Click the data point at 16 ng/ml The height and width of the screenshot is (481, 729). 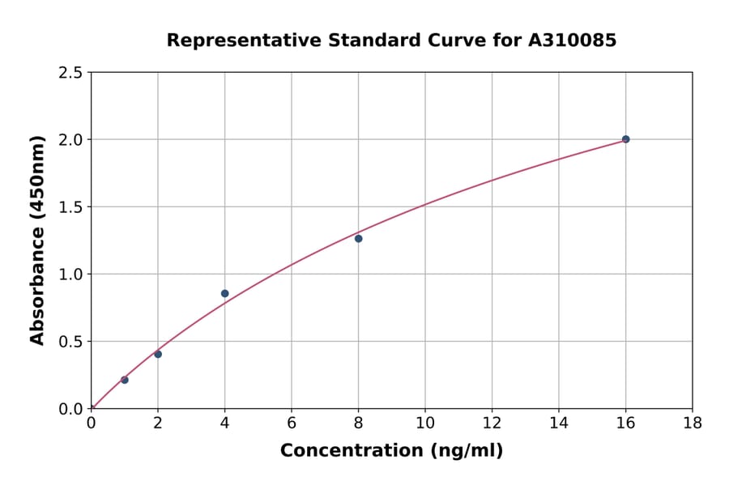tap(625, 139)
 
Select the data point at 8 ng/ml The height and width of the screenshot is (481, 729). tap(358, 238)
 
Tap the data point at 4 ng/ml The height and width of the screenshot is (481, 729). tap(224, 293)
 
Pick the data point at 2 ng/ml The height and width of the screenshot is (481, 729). tap(158, 354)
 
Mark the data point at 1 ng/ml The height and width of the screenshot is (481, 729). tap(125, 380)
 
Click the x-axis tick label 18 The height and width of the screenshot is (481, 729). tap(692, 423)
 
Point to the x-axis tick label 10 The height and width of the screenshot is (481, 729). tap(425, 423)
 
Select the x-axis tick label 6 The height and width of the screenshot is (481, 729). tap(292, 423)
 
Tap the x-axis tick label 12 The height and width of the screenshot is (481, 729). tap(492, 423)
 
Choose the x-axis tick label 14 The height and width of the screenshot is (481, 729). tap(558, 423)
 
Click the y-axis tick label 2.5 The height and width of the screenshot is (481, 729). tap(70, 73)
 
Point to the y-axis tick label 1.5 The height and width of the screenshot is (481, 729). tap(70, 206)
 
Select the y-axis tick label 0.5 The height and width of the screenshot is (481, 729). tap(70, 341)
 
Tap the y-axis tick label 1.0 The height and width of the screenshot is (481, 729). tap(70, 274)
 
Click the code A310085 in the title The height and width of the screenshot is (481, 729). tap(572, 40)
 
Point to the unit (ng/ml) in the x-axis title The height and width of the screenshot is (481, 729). tap(467, 451)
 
